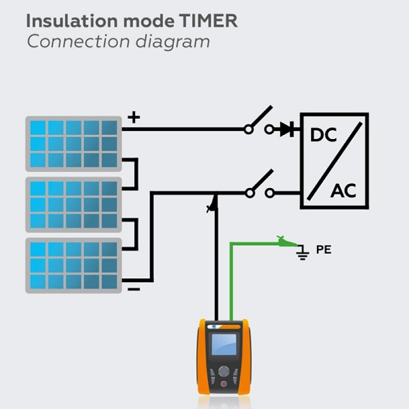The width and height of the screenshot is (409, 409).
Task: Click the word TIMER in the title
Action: tap(208, 21)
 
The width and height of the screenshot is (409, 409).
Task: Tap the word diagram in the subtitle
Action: tap(172, 42)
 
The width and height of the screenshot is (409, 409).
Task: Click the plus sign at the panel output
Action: tap(134, 117)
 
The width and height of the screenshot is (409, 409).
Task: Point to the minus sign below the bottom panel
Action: tap(134, 289)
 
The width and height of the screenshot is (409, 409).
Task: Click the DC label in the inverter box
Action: tap(323, 135)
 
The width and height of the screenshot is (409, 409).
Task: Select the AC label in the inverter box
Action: tap(344, 191)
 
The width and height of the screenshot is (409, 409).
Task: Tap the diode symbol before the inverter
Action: tap(287, 129)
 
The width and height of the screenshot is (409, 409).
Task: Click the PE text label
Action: tap(324, 249)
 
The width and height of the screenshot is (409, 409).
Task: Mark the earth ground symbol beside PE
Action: tap(303, 252)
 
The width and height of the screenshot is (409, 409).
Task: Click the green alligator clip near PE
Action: tap(286, 241)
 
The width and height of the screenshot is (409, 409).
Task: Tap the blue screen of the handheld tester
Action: tap(224, 344)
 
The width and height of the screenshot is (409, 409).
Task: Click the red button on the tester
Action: tap(224, 384)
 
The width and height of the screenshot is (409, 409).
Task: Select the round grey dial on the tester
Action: tap(224, 372)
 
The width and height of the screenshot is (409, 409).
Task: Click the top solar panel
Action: tap(74, 144)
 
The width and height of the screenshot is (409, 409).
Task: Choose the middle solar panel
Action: tap(74, 204)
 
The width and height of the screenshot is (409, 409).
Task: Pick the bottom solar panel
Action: tap(74, 266)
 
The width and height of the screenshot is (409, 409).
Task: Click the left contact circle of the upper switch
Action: tap(248, 130)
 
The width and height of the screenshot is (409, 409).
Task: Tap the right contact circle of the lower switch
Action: tap(269, 193)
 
